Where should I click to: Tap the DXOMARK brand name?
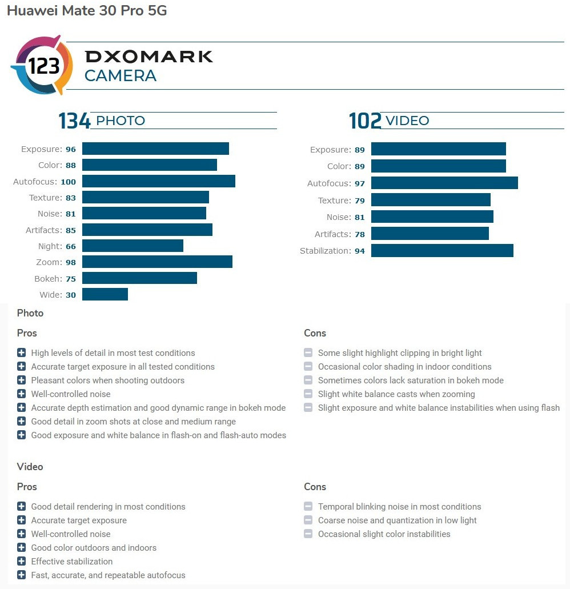click(x=148, y=57)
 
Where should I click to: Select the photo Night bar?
click(x=133, y=246)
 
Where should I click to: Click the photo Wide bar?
click(x=105, y=294)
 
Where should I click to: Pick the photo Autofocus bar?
click(x=159, y=181)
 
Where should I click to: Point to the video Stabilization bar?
click(x=442, y=251)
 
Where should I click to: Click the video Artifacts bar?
click(x=430, y=234)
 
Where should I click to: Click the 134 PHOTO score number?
click(x=74, y=121)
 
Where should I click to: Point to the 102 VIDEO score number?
click(x=365, y=121)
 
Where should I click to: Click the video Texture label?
click(x=334, y=201)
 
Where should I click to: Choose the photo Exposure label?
click(x=41, y=149)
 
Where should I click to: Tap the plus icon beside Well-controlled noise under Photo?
click(x=22, y=394)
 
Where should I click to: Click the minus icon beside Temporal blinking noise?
click(x=308, y=507)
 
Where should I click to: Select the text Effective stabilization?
click(x=72, y=562)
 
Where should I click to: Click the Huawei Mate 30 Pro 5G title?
click(x=87, y=11)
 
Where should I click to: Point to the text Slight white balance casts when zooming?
click(x=396, y=394)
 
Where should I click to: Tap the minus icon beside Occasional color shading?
click(x=308, y=367)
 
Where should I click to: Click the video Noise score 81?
click(x=359, y=218)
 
